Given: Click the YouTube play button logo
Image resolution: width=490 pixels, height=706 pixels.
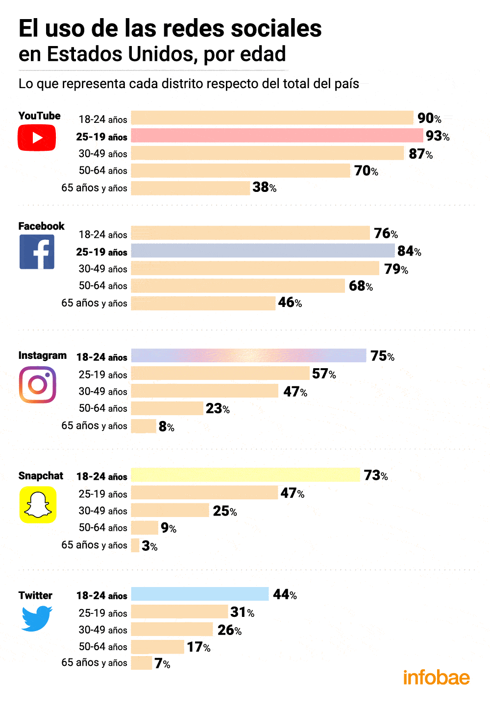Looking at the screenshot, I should (x=37, y=138).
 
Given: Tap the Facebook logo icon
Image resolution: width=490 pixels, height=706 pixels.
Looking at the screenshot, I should (x=37, y=252).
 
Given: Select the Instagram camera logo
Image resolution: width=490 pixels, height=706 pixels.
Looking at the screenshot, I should (x=37, y=385).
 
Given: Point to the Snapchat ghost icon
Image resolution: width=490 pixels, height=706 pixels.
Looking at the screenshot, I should (x=38, y=505).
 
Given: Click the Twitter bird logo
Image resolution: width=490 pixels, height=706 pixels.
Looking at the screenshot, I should (x=37, y=618).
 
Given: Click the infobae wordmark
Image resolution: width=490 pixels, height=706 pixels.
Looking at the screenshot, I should (x=436, y=678).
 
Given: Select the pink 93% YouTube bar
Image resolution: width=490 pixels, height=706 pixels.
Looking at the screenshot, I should (x=277, y=136).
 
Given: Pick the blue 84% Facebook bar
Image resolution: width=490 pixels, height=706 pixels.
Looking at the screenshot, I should (x=263, y=251).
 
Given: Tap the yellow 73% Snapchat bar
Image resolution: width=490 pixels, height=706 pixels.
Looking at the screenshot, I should (x=245, y=475).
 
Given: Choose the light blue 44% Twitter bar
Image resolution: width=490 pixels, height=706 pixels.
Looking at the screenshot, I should (x=200, y=594).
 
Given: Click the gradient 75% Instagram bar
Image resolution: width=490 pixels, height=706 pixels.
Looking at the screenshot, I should (x=248, y=355).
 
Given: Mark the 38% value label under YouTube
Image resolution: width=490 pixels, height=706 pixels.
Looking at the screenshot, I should (x=264, y=187).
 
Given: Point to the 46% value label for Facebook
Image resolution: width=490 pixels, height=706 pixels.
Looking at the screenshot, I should (x=290, y=303).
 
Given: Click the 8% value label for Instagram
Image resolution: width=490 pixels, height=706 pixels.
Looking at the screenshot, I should (x=166, y=426).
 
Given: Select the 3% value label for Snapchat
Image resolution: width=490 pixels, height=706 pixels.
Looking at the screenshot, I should (x=149, y=545).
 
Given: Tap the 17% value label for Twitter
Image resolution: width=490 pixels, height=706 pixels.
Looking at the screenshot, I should (x=198, y=647).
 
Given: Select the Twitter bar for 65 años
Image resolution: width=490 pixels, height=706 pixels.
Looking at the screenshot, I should (x=142, y=663).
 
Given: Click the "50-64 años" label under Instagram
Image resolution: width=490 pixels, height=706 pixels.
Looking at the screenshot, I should (x=103, y=408).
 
